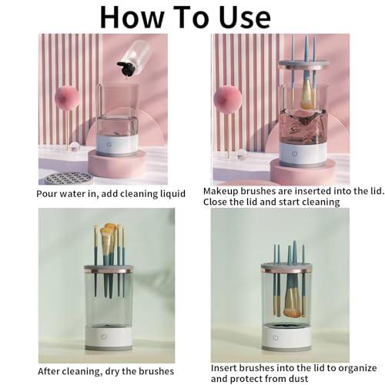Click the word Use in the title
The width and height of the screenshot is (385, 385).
[245, 17]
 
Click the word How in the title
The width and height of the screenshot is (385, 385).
[132, 17]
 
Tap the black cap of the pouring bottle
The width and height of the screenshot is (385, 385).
[126, 69]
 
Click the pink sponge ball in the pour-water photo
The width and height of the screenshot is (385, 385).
[66, 99]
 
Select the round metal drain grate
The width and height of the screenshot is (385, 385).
[68, 178]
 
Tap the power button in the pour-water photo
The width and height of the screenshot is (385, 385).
[109, 144]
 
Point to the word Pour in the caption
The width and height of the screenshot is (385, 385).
[47, 193]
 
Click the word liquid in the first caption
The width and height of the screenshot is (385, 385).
[172, 193]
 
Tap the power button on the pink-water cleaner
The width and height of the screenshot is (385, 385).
[294, 153]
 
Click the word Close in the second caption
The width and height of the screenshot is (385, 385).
[215, 202]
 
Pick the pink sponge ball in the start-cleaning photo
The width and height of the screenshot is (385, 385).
[228, 99]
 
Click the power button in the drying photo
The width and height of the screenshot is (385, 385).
[104, 336]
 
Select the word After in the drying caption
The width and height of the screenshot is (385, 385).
[49, 371]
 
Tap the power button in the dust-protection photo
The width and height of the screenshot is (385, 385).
[276, 337]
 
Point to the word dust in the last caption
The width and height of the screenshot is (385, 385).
[297, 379]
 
